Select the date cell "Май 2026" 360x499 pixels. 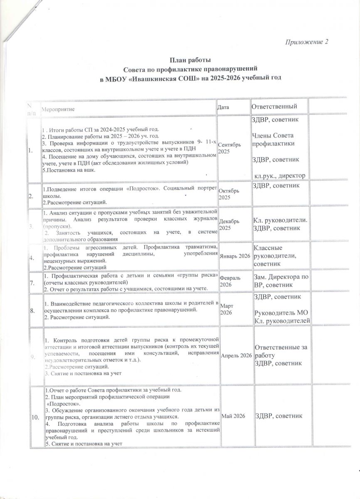(232, 416)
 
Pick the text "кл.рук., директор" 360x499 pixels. (281, 176)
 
